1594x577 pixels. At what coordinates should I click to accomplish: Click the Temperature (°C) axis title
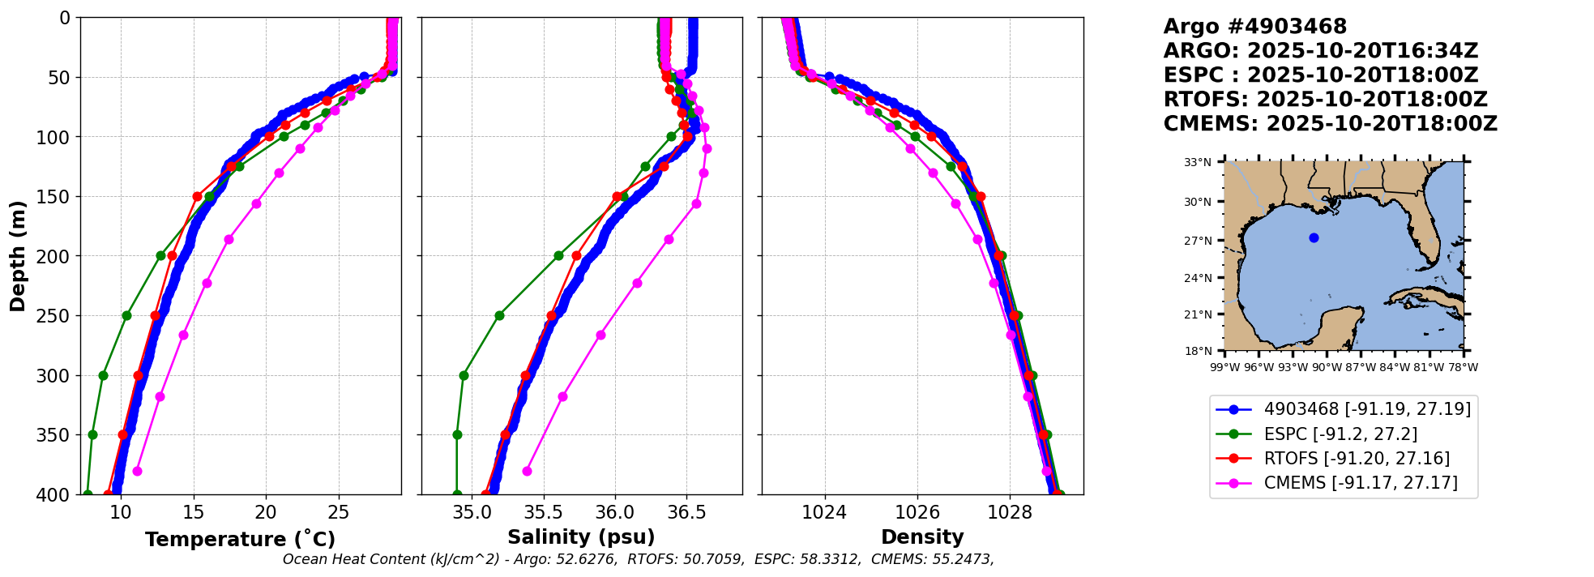240,540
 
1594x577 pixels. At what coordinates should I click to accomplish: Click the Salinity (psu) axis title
581,537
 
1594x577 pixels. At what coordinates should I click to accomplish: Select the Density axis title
922,537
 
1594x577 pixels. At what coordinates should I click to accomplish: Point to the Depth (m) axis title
18,256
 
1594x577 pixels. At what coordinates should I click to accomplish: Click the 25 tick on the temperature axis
339,512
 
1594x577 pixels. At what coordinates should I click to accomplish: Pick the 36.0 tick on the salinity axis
615,512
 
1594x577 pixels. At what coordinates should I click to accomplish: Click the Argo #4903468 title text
1255,27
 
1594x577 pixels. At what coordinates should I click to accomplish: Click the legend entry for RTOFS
1357,459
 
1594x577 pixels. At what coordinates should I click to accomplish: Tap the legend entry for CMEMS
1361,483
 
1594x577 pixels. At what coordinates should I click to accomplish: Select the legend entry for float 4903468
1367,409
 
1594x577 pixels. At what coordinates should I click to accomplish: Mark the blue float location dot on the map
1314,237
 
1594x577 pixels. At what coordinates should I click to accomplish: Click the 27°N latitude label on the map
1198,241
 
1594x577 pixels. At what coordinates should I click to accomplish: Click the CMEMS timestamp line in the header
1330,124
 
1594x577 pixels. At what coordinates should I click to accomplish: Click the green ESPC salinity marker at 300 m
464,375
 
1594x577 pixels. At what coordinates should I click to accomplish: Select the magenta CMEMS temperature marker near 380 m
137,471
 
